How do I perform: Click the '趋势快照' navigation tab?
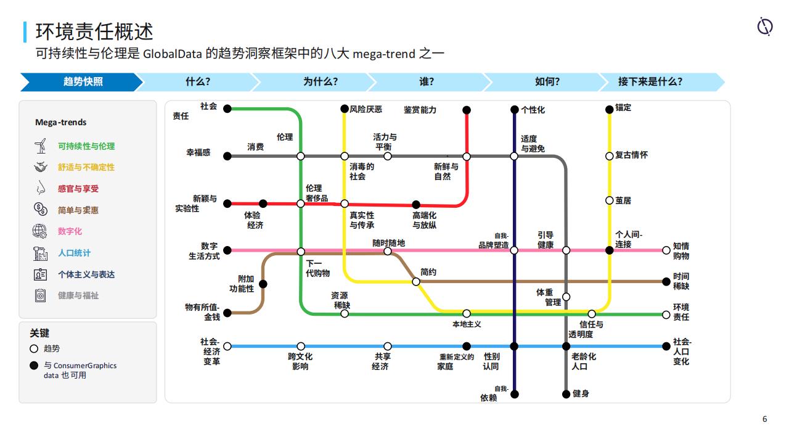click(x=82, y=82)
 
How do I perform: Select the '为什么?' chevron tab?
click(x=320, y=82)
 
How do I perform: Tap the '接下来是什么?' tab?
click(x=650, y=82)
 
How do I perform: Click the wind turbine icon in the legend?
click(x=41, y=146)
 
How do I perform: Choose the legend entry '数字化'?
click(x=70, y=231)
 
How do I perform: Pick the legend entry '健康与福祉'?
click(x=78, y=295)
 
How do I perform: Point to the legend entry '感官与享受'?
click(x=78, y=189)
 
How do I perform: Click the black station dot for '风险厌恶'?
click(x=345, y=109)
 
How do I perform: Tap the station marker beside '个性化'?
click(x=515, y=110)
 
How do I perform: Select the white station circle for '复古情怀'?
click(x=610, y=156)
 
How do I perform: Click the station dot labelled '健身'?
click(x=566, y=394)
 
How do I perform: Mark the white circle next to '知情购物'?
click(x=666, y=250)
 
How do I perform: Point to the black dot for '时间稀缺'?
click(x=666, y=282)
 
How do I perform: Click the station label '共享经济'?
click(x=380, y=361)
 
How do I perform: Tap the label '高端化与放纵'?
click(x=425, y=220)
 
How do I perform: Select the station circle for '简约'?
click(x=416, y=282)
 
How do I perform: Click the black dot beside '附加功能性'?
click(x=263, y=284)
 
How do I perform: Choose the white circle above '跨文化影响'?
click(x=301, y=346)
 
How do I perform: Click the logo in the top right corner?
click(x=765, y=27)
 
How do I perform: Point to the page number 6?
click(x=765, y=419)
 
